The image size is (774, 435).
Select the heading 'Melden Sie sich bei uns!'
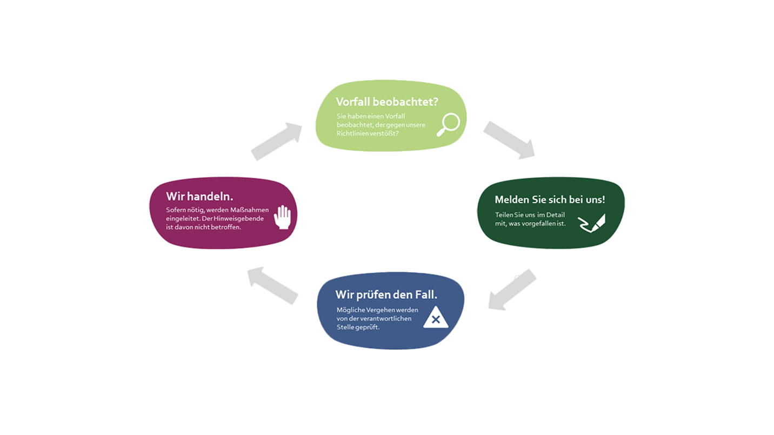[550, 199]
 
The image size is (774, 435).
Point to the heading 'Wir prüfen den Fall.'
[386, 295]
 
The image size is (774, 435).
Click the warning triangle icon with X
[436, 318]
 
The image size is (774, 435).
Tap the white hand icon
[282, 217]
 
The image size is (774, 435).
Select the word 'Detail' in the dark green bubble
[555, 215]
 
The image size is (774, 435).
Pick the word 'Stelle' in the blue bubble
[346, 327]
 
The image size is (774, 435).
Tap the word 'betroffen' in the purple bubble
[225, 227]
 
